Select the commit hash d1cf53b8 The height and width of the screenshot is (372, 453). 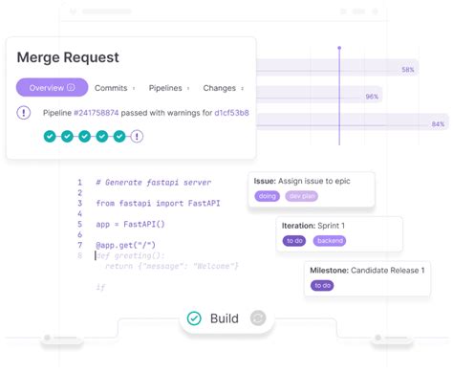pos(231,113)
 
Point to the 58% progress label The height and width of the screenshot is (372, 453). pos(408,70)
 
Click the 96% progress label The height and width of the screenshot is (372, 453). pos(372,97)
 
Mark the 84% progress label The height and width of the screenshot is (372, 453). pos(438,123)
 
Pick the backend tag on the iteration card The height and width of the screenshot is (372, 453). pos(330,241)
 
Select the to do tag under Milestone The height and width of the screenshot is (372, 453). pos(322,286)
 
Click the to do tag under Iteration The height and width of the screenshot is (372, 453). pos(293,241)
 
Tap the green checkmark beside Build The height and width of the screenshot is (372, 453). pos(194,318)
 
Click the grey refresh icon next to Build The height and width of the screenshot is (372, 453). pos(257,318)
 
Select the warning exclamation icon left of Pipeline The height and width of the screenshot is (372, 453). pos(23,113)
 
